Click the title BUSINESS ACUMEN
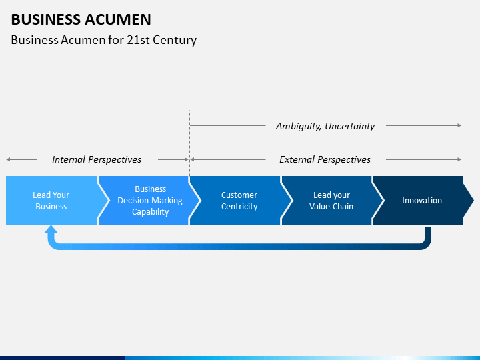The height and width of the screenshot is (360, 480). pyautogui.click(x=81, y=19)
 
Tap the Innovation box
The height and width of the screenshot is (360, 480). pyautogui.click(x=423, y=200)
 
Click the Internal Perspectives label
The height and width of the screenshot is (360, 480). pyautogui.click(x=97, y=159)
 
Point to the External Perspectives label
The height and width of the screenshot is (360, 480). pyautogui.click(x=325, y=159)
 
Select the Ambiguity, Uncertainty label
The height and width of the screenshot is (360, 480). pyautogui.click(x=325, y=126)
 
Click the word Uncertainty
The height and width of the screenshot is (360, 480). pyautogui.click(x=349, y=126)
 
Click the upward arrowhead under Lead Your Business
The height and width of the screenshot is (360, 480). pyautogui.click(x=51, y=230)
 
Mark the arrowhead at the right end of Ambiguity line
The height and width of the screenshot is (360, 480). pyautogui.click(x=459, y=125)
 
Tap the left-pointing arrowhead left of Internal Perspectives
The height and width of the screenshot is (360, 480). pyautogui.click(x=8, y=159)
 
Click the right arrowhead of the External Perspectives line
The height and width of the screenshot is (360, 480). pyautogui.click(x=459, y=159)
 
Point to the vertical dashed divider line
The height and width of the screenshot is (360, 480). pyautogui.click(x=189, y=143)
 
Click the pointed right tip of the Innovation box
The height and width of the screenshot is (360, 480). pyautogui.click(x=473, y=201)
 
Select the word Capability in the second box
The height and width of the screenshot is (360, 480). pyautogui.click(x=150, y=212)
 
